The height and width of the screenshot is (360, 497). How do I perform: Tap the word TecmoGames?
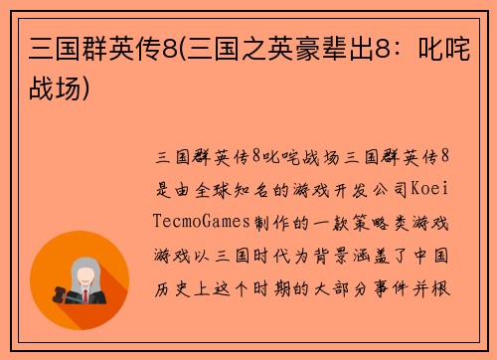(205, 220)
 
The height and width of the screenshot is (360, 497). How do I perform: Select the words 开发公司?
(372, 187)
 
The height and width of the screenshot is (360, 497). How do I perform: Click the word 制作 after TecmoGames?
(280, 220)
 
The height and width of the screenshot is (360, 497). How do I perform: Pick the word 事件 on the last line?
(406, 287)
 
